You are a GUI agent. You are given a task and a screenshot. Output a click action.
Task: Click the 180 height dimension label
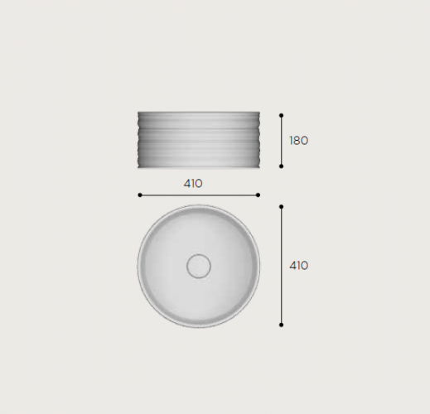tap(298, 141)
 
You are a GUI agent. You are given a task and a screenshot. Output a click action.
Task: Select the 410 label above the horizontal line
tap(193, 184)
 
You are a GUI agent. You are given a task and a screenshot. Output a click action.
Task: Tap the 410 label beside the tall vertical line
tap(298, 266)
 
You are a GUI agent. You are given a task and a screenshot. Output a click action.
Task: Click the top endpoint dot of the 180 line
tap(281, 115)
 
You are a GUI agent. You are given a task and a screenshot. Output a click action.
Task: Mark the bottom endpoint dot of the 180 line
tap(281, 166)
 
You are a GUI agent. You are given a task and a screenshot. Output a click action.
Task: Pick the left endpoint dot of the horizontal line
tap(140, 195)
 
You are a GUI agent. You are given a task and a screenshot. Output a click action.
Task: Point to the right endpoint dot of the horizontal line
tap(258, 195)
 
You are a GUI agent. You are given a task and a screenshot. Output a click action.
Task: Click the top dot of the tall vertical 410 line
tap(281, 207)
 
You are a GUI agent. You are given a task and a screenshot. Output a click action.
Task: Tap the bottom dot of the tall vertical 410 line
tap(281, 325)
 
